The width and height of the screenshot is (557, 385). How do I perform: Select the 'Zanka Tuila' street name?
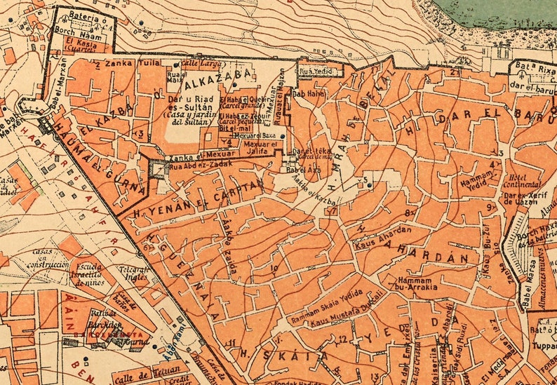pos(122,63)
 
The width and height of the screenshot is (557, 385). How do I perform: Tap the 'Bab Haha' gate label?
pos(309,93)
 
